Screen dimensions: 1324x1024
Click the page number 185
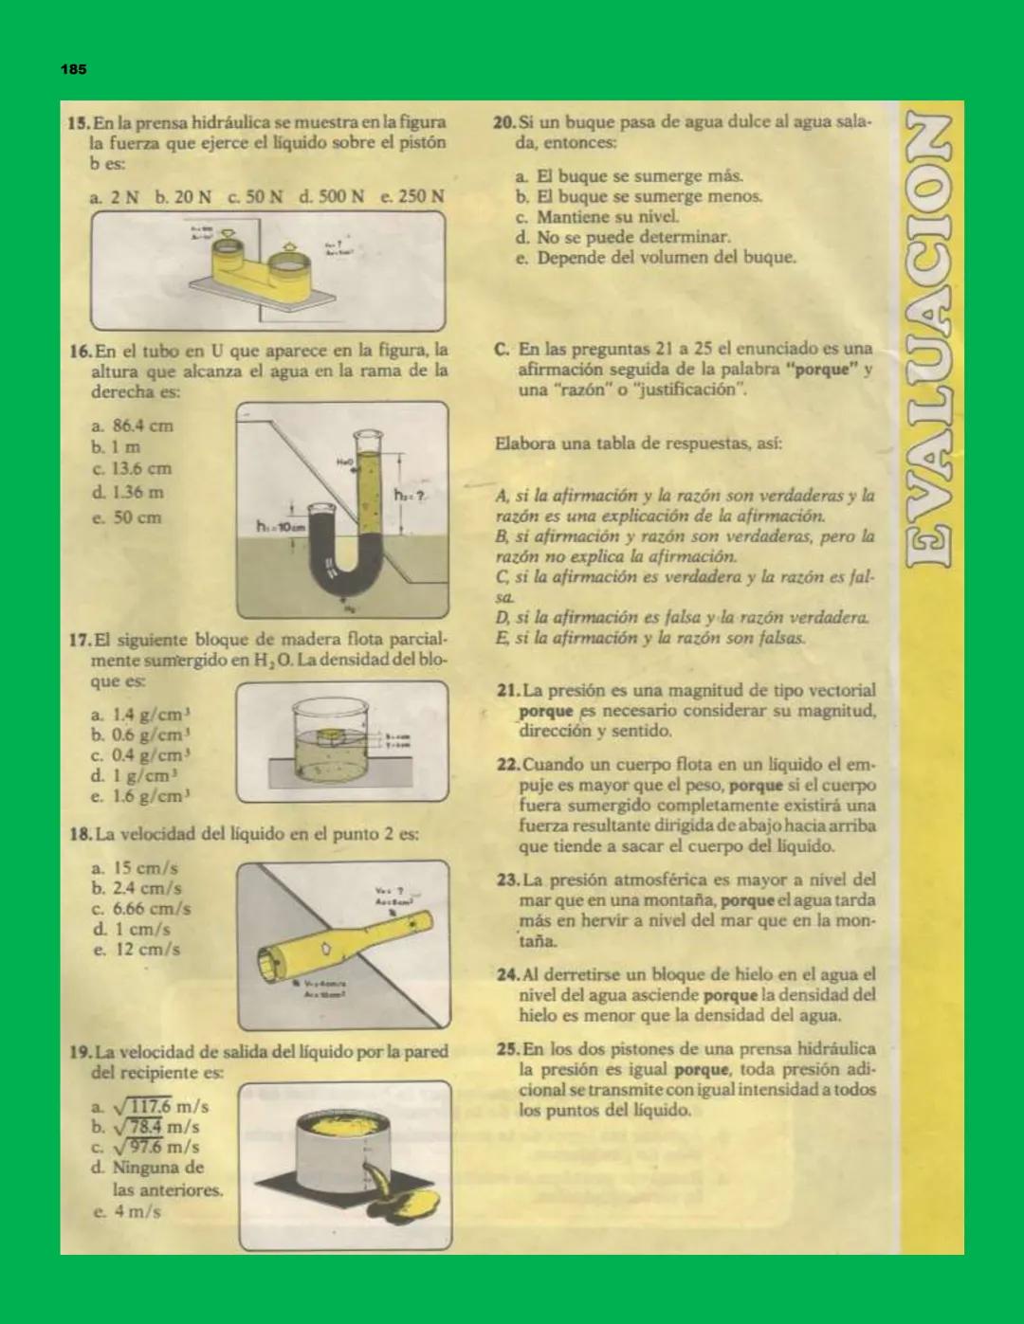pos(73,69)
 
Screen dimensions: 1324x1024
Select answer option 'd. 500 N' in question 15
pos(331,197)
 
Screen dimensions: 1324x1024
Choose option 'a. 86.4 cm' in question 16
pos(132,426)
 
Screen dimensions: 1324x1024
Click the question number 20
pos(504,122)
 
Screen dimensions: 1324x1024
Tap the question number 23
pos(507,880)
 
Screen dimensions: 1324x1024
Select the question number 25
pos(507,1049)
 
